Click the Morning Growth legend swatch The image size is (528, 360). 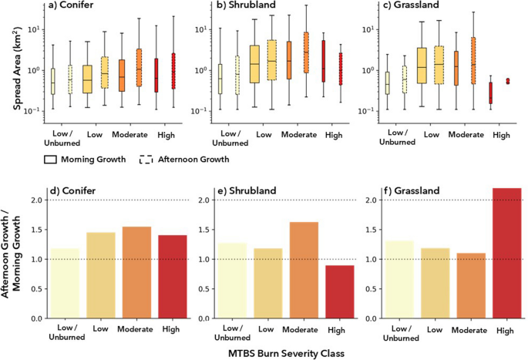pyautogui.click(x=50, y=160)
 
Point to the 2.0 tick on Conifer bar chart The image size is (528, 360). pyautogui.click(x=35, y=200)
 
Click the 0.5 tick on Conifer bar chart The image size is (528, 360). pyautogui.click(x=35, y=289)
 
